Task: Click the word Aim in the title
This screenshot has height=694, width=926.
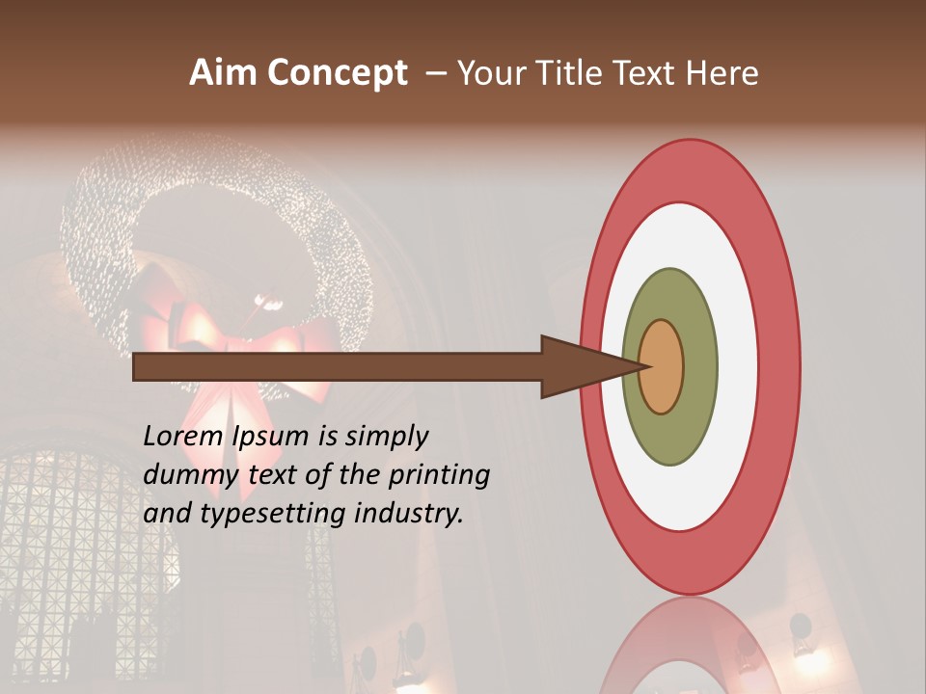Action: (224, 73)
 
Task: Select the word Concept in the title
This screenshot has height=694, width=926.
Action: (338, 74)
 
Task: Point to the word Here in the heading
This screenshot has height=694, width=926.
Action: (722, 73)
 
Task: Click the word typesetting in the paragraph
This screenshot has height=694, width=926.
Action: (274, 515)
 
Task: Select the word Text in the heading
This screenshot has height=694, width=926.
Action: (647, 73)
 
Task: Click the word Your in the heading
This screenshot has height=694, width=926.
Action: (489, 73)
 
